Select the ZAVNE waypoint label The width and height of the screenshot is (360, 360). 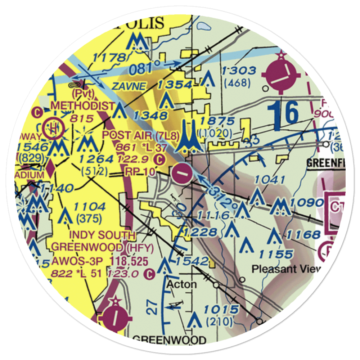(x=129, y=86)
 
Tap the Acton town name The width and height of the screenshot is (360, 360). (x=181, y=284)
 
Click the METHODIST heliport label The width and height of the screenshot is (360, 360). (x=83, y=106)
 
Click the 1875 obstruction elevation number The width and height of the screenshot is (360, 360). (x=218, y=121)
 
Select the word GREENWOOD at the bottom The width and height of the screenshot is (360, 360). (x=169, y=340)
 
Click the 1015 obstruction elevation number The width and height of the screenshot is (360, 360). (x=221, y=309)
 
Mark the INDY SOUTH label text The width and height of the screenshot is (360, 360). (x=103, y=235)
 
